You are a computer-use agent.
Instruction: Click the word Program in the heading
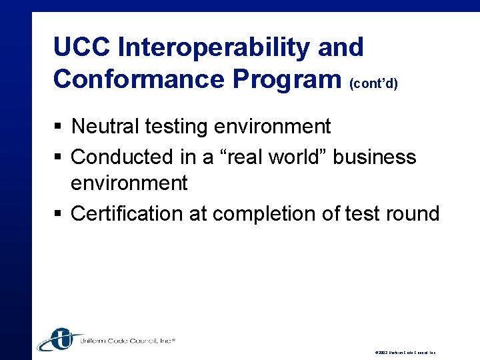coord(287,79)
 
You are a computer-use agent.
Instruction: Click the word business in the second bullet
coord(375,157)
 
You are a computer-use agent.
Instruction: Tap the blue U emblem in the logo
coord(59,339)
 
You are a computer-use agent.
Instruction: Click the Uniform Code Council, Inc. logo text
coord(127,341)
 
